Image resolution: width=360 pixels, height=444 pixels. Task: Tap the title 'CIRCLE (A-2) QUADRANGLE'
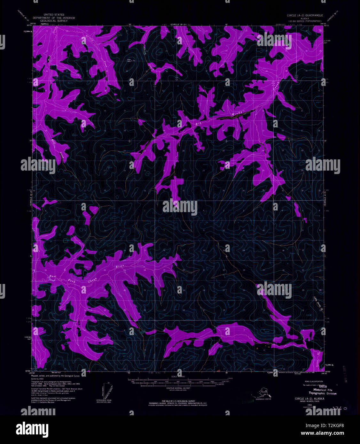point(305,15)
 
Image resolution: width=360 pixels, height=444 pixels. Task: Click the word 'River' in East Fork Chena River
point(120,266)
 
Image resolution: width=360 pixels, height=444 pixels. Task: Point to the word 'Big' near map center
point(198,123)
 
